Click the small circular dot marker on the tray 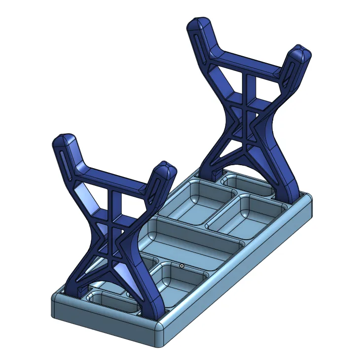(182, 266)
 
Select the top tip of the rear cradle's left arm (199, 24)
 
